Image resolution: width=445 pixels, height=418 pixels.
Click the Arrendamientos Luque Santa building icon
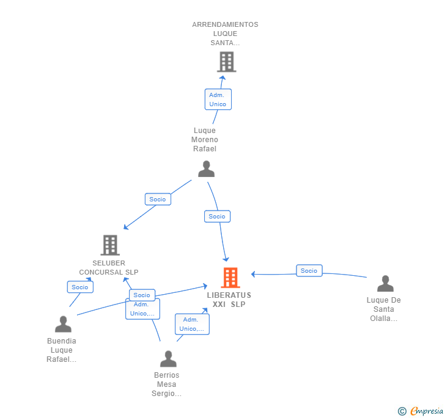(x=226, y=62)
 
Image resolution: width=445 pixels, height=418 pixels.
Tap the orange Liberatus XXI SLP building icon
(x=230, y=278)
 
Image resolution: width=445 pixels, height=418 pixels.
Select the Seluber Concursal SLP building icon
(x=110, y=245)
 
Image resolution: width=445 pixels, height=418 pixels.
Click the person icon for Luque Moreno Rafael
(x=207, y=169)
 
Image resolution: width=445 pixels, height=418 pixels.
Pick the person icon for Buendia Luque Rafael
(x=63, y=325)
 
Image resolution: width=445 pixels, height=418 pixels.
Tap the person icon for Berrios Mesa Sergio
(x=168, y=359)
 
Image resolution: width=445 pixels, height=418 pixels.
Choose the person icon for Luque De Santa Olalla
(x=385, y=284)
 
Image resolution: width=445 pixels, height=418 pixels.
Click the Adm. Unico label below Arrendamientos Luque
(x=218, y=99)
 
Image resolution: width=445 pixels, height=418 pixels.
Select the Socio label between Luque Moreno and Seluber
(x=158, y=199)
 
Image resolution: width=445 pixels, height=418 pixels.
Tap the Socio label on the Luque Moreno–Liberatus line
(x=217, y=216)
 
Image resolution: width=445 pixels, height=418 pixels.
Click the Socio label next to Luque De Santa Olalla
(x=309, y=270)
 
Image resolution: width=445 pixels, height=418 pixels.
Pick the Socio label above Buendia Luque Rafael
(x=79, y=287)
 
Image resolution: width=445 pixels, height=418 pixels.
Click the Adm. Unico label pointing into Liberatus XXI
(x=192, y=324)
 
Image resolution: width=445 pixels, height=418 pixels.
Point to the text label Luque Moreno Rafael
(x=205, y=140)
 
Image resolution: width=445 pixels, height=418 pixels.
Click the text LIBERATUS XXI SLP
(x=229, y=300)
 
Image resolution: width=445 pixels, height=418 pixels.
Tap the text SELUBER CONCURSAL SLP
(x=109, y=268)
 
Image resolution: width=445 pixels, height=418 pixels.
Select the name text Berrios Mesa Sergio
(x=167, y=384)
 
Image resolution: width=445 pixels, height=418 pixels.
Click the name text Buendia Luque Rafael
(x=62, y=350)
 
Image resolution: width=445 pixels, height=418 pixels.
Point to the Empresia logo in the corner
(x=427, y=411)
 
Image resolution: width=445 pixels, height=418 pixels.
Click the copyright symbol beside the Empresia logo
(x=402, y=412)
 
